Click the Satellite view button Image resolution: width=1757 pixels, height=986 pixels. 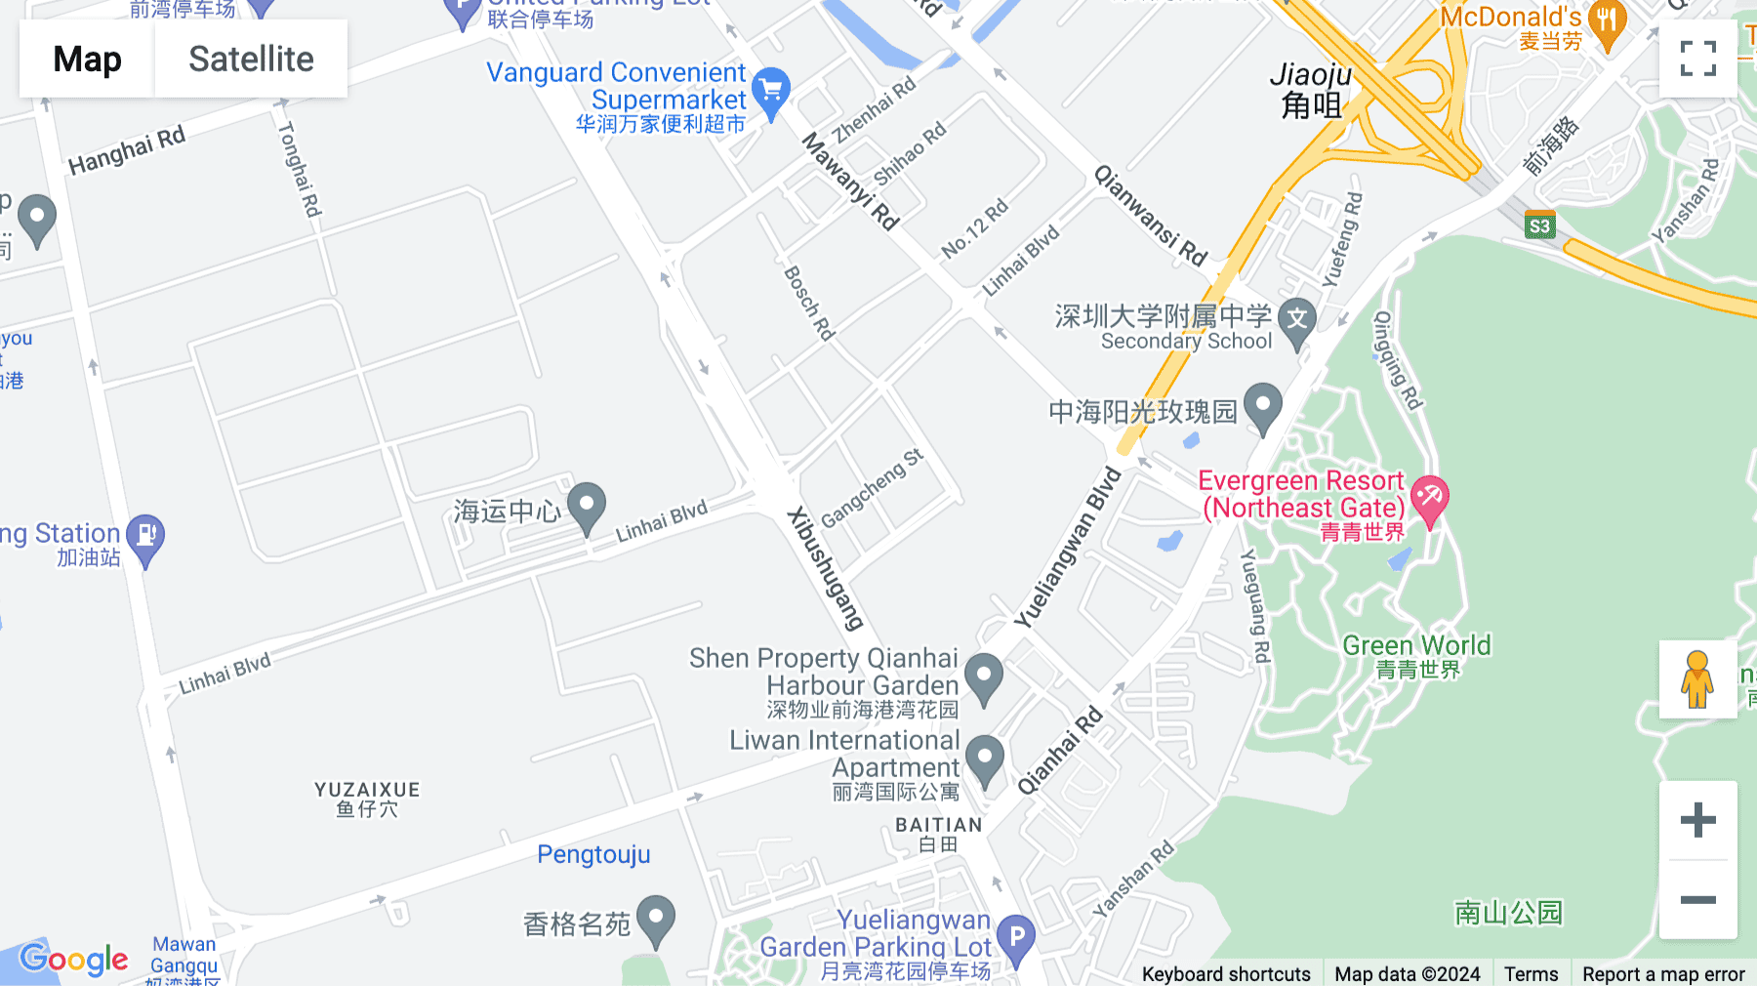click(251, 59)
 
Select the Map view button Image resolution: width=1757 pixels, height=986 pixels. click(87, 59)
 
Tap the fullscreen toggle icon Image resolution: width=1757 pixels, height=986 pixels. click(1697, 59)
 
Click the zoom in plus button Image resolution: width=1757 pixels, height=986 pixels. click(1697, 819)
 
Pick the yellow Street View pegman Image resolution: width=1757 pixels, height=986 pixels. click(1697, 679)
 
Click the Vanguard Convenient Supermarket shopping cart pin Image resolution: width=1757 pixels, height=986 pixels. click(771, 92)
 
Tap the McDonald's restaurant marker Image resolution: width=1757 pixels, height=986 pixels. click(1607, 23)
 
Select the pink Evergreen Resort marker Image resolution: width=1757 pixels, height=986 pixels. click(1429, 498)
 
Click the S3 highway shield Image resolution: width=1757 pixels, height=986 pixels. click(1539, 226)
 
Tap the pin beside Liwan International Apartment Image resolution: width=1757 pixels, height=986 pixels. click(985, 760)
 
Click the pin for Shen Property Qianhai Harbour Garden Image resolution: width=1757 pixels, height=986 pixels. click(984, 676)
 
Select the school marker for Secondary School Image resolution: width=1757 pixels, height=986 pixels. click(1296, 321)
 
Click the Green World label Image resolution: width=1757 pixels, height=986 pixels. click(1416, 645)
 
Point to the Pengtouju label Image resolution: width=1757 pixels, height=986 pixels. click(593, 854)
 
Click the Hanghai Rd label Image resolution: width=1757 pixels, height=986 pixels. click(127, 152)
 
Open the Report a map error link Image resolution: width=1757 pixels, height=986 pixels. click(1663, 973)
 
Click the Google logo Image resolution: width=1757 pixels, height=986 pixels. click(74, 960)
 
